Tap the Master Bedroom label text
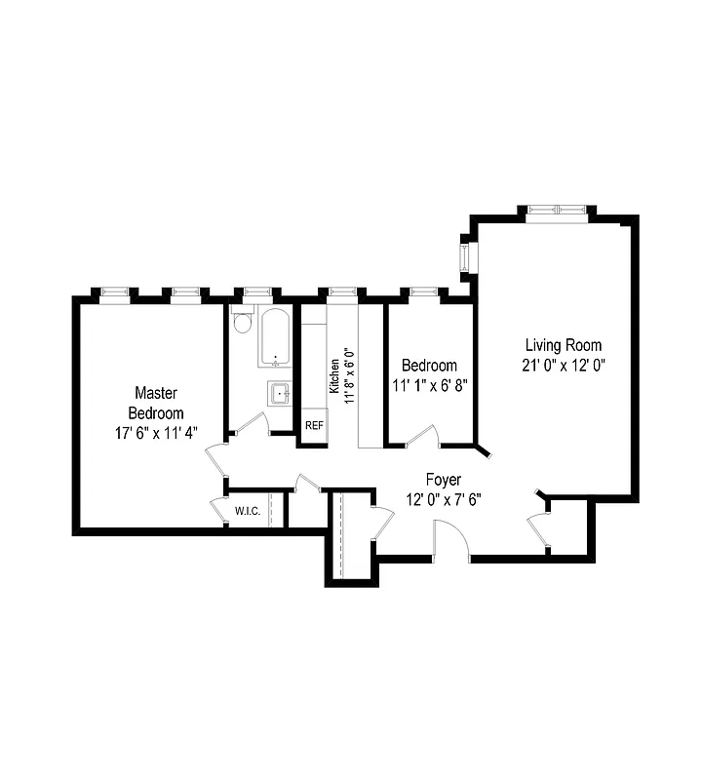tap(155, 403)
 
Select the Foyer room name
tap(444, 480)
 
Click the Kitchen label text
tap(334, 375)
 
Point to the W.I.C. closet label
tap(247, 511)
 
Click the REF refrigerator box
tap(314, 426)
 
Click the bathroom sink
tap(280, 394)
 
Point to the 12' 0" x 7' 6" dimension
tap(444, 500)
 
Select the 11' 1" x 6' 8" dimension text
tap(430, 385)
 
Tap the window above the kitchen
tap(339, 291)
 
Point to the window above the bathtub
tap(257, 291)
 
